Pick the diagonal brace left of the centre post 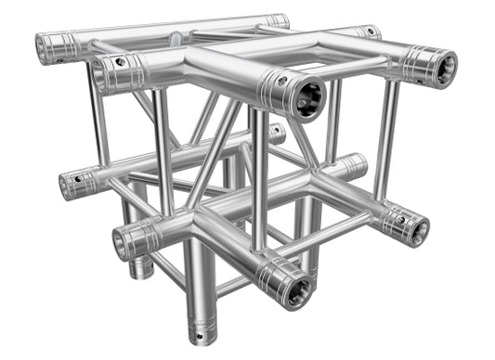[x=215, y=153]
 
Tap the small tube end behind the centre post [x=276, y=134]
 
